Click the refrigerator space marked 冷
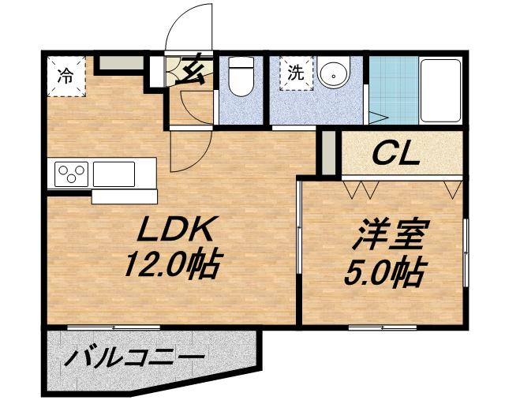(66, 77)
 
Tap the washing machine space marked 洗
(296, 73)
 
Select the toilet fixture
(241, 77)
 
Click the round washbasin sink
(333, 72)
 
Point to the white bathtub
(440, 91)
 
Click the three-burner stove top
(72, 174)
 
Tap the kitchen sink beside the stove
(114, 174)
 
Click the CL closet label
(396, 155)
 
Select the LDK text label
(175, 229)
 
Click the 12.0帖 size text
(174, 264)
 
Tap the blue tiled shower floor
(394, 90)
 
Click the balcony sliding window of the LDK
(114, 327)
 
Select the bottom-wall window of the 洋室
(383, 327)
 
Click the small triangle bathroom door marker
(377, 118)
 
